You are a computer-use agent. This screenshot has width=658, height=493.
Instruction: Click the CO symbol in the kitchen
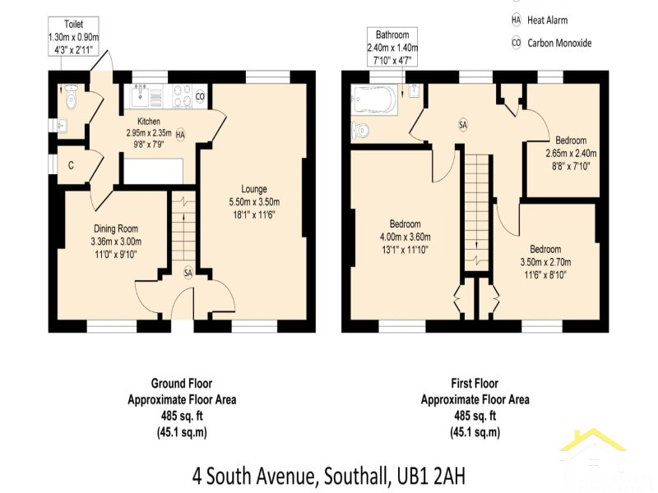click(200, 97)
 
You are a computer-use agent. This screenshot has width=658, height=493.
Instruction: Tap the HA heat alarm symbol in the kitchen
click(180, 135)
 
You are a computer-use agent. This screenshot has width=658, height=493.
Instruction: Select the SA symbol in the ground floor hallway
click(188, 273)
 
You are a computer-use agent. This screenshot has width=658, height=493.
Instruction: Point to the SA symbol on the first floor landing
click(463, 125)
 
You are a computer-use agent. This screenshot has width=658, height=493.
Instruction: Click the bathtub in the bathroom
click(374, 99)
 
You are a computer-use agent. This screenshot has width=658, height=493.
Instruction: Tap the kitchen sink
click(139, 95)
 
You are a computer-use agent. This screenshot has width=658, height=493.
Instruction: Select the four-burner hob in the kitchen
click(181, 96)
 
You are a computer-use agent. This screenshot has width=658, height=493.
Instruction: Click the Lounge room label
click(254, 189)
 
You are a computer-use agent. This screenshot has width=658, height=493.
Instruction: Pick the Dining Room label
click(116, 229)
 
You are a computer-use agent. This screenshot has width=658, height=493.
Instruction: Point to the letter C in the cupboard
click(71, 166)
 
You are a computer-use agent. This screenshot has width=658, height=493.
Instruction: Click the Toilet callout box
click(73, 36)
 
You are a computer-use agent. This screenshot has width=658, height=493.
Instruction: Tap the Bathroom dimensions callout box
click(392, 47)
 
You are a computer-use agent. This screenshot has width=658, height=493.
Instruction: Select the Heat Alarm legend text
click(547, 20)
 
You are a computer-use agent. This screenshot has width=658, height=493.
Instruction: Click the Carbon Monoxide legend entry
click(551, 43)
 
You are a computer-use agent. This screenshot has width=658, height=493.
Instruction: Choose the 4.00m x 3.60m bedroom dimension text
click(405, 237)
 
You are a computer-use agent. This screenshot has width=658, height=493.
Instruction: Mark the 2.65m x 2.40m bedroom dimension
click(571, 154)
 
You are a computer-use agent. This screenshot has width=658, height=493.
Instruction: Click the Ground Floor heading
click(182, 383)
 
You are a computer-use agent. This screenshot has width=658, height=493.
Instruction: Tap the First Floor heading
click(475, 383)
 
